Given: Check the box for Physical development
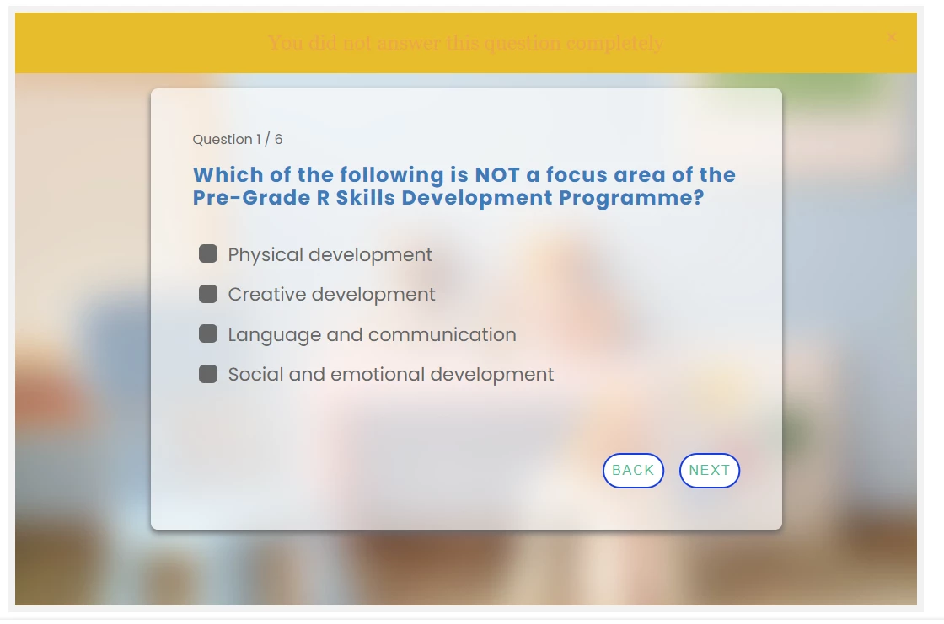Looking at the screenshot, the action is (x=208, y=254).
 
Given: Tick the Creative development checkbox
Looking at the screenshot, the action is (x=208, y=294).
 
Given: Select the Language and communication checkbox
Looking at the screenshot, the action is (x=208, y=334).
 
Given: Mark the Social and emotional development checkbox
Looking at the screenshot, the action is (x=208, y=374).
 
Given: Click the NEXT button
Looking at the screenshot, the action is (x=709, y=471).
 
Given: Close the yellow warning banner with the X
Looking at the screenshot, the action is (x=892, y=37).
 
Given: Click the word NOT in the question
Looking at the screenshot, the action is (x=497, y=175).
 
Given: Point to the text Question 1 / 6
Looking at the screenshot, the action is (x=237, y=140).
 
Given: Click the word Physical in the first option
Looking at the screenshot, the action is (x=265, y=255).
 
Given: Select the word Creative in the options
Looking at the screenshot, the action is (x=267, y=294).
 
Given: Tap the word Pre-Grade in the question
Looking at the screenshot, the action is (x=252, y=198).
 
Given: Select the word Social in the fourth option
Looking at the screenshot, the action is (x=255, y=374).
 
